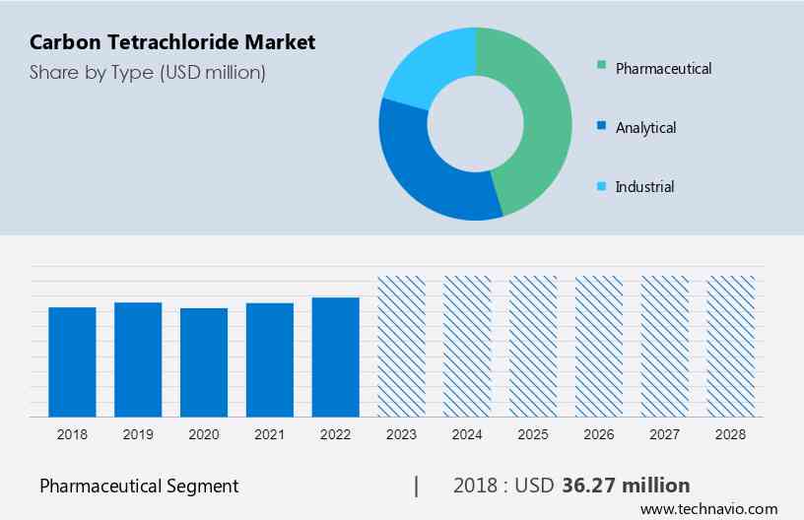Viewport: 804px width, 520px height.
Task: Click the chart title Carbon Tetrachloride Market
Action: click(172, 42)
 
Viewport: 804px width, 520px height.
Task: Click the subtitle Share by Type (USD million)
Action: click(148, 72)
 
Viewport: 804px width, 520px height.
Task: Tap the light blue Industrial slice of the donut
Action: click(424, 69)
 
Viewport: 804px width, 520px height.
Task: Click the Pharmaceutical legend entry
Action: click(662, 68)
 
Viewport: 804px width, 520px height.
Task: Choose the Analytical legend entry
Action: click(645, 127)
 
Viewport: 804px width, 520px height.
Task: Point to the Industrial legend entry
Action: click(644, 186)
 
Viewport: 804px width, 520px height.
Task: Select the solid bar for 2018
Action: click(72, 361)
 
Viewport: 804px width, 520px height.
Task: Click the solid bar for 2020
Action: click(204, 361)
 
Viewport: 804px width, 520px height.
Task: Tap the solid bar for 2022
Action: click(336, 357)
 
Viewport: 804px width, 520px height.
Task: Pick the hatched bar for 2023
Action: click(402, 346)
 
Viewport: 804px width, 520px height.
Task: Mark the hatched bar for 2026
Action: click(599, 346)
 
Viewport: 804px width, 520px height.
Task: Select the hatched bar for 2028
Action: click(731, 346)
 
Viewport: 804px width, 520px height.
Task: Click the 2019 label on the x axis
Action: click(138, 433)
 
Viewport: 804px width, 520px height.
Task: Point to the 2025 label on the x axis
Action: click(533, 433)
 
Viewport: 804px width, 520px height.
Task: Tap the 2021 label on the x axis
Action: click(270, 433)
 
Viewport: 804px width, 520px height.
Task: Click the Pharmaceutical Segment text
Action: click(139, 486)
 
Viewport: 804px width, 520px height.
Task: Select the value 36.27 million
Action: click(626, 486)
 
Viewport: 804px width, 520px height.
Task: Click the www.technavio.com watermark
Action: click(708, 509)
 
